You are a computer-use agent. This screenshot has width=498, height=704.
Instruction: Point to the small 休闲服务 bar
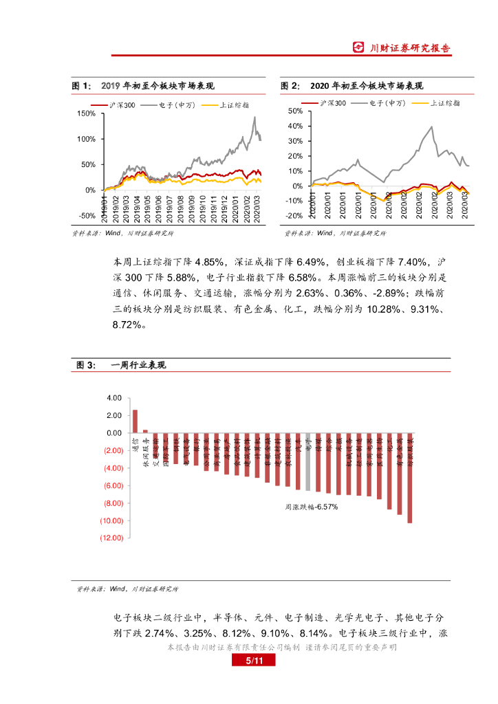tap(145, 431)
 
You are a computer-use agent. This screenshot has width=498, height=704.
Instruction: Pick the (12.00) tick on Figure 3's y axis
tap(110, 538)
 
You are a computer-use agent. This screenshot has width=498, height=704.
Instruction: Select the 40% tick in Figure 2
tap(295, 126)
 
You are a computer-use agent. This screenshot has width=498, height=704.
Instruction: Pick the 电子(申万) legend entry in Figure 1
tap(176, 104)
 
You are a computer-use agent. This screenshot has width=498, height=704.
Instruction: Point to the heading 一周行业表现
tap(138, 365)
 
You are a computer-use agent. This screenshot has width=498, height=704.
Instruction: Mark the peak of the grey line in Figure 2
tap(431, 126)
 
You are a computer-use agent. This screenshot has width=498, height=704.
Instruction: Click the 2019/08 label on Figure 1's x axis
tap(178, 208)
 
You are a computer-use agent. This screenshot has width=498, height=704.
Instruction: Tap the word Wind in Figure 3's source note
tap(116, 589)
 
